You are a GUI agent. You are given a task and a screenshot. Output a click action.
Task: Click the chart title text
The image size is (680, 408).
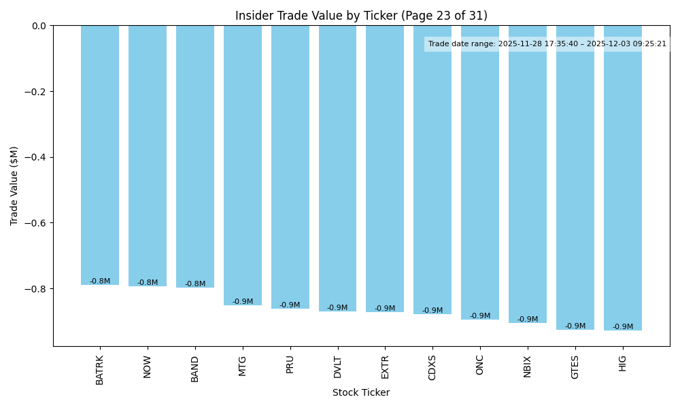361,16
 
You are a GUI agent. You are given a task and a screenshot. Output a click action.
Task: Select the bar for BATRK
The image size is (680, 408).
100,155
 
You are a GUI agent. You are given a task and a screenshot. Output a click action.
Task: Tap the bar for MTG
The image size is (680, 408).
243,165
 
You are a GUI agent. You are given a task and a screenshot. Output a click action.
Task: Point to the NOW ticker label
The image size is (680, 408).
148,367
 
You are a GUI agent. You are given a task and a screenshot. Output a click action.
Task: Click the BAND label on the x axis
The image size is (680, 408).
195,369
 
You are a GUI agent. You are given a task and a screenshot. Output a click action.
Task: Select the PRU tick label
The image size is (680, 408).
290,364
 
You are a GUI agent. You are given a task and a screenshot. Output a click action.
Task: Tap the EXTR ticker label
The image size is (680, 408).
385,367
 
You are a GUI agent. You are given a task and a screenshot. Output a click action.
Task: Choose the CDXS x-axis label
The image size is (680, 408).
432,368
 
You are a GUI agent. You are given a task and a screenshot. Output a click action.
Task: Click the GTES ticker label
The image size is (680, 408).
575,367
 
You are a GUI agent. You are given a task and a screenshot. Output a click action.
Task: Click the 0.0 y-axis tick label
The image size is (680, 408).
39,26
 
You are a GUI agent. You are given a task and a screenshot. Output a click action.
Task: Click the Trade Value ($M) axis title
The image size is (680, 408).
14,186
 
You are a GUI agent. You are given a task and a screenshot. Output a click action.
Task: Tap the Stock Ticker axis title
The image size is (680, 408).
361,392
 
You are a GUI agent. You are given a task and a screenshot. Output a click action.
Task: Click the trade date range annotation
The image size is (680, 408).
547,44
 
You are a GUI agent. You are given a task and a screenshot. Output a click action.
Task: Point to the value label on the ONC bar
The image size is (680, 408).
480,316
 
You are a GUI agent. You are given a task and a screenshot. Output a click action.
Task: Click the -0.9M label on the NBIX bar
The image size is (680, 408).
528,320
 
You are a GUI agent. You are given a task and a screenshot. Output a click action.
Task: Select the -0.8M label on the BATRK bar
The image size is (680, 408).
100,282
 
